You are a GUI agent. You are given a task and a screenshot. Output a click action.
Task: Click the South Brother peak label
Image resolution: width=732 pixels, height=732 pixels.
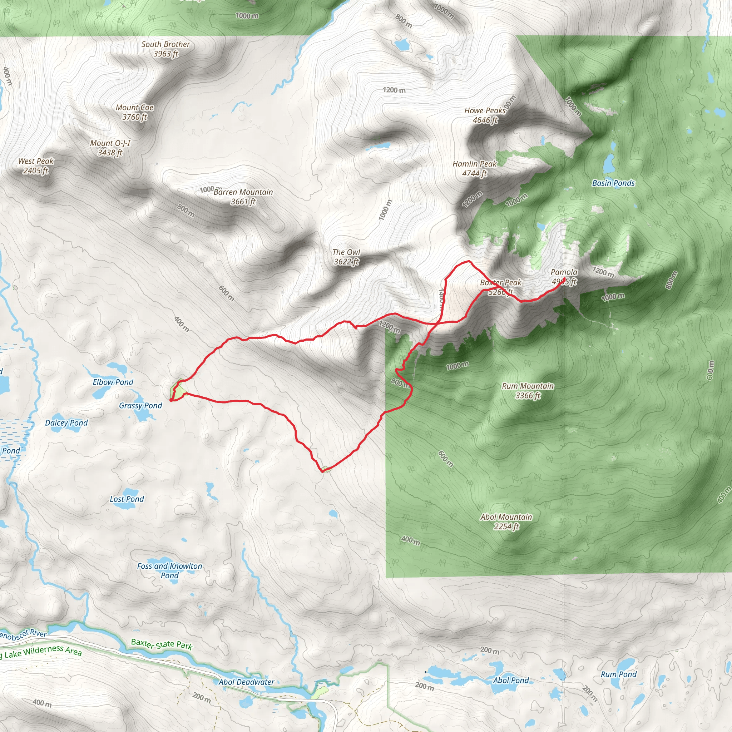[165, 49]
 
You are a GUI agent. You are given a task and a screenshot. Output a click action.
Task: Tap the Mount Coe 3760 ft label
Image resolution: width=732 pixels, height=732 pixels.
[134, 112]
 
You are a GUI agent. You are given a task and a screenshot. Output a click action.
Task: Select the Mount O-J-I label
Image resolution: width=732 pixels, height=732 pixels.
[110, 148]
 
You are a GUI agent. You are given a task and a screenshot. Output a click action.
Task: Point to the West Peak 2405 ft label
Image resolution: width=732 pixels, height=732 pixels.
[36, 166]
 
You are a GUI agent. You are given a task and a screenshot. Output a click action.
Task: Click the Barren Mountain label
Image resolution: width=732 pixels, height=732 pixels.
[243, 197]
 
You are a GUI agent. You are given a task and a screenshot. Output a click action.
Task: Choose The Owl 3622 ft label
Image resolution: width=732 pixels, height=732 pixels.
[346, 257]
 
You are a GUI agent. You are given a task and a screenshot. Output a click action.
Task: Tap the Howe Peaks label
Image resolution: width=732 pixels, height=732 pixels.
[485, 115]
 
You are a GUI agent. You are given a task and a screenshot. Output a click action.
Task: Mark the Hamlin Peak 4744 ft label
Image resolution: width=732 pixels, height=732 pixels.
[474, 169]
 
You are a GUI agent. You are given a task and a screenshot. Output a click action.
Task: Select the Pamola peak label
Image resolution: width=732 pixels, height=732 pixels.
[564, 277]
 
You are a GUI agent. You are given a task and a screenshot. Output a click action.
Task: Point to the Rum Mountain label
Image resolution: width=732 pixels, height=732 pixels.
[528, 391]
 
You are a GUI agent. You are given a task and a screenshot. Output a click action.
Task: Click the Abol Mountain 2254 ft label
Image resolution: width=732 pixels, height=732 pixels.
[506, 521]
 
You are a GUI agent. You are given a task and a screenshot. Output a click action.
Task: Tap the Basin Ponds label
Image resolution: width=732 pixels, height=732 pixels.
[613, 183]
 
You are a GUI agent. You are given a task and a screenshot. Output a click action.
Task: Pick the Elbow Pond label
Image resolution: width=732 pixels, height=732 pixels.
[113, 382]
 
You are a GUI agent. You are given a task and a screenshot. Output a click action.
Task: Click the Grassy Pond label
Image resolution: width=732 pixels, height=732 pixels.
[140, 405]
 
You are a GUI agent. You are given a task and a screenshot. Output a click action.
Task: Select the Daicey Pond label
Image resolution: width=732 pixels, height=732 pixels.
[66, 423]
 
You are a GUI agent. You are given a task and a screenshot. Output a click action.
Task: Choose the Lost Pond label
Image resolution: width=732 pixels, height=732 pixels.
[127, 499]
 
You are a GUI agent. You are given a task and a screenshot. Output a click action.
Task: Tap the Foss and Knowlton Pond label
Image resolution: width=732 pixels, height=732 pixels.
[169, 570]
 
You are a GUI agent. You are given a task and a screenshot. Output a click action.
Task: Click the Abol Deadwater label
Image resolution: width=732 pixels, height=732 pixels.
[246, 682]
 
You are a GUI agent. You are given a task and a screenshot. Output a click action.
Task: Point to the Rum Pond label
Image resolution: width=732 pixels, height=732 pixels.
[618, 674]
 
